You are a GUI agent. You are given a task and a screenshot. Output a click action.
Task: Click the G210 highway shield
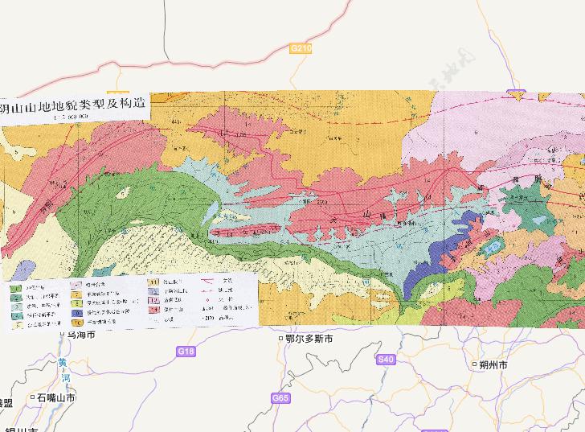point(301,49)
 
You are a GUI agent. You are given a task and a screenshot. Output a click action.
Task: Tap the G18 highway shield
point(186,352)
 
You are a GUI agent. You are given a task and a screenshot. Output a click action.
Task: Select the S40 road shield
point(387,359)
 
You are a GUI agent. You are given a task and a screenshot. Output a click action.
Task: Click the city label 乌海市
point(81,334)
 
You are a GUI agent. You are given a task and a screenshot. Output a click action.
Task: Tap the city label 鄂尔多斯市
point(309,339)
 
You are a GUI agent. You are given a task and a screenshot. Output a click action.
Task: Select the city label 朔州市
point(492,364)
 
